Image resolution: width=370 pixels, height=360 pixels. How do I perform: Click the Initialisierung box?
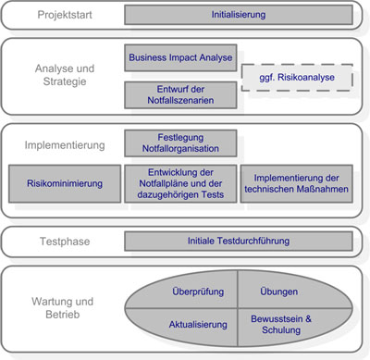(238, 16)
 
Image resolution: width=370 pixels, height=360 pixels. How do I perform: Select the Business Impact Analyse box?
(180, 56)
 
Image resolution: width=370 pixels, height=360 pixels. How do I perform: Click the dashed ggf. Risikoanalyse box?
(297, 78)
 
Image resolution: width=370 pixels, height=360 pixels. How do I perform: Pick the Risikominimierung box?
(65, 183)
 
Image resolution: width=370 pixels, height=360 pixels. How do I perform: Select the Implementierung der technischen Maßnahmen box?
(297, 183)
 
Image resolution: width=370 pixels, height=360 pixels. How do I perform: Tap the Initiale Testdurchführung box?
(238, 242)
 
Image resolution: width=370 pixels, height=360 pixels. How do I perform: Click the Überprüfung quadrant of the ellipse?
(199, 292)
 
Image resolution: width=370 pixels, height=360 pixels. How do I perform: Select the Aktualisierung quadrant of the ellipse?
(199, 325)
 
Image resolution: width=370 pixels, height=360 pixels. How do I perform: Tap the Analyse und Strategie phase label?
(64, 76)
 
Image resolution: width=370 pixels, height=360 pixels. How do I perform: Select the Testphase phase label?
(65, 242)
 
